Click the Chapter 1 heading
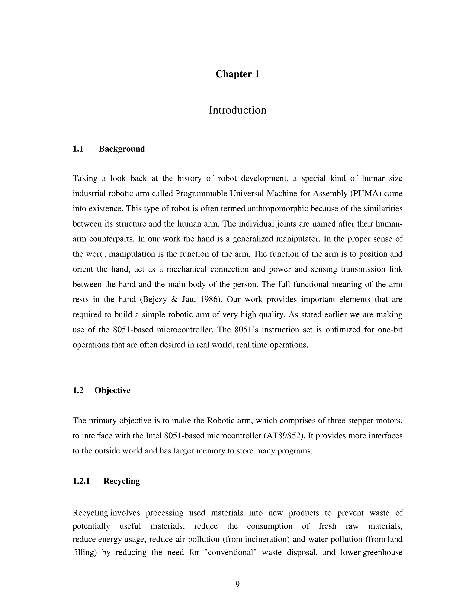pos(237,74)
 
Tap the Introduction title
pos(237,110)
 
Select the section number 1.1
pos(78,149)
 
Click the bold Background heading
pos(122,149)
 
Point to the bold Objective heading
pos(112,390)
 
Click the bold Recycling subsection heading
pos(122,481)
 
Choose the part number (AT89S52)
pos(285,436)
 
